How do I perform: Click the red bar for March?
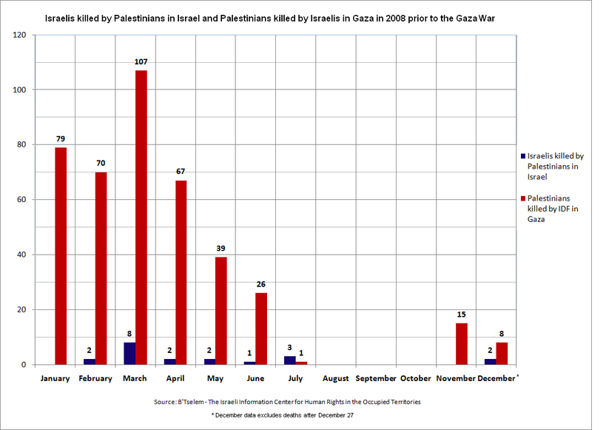(141, 218)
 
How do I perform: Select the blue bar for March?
(129, 354)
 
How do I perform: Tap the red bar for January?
(61, 256)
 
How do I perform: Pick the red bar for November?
(461, 344)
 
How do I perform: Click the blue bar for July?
(290, 360)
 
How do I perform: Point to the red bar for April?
(181, 272)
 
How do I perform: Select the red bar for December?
(502, 354)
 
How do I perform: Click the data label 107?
(141, 61)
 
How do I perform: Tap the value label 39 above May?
(220, 249)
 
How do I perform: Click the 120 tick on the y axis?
(19, 36)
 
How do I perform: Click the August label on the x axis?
(335, 378)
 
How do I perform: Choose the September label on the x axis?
(375, 378)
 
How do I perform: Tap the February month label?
(95, 378)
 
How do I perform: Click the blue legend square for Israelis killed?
(523, 156)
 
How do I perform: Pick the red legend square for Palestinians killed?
(523, 198)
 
